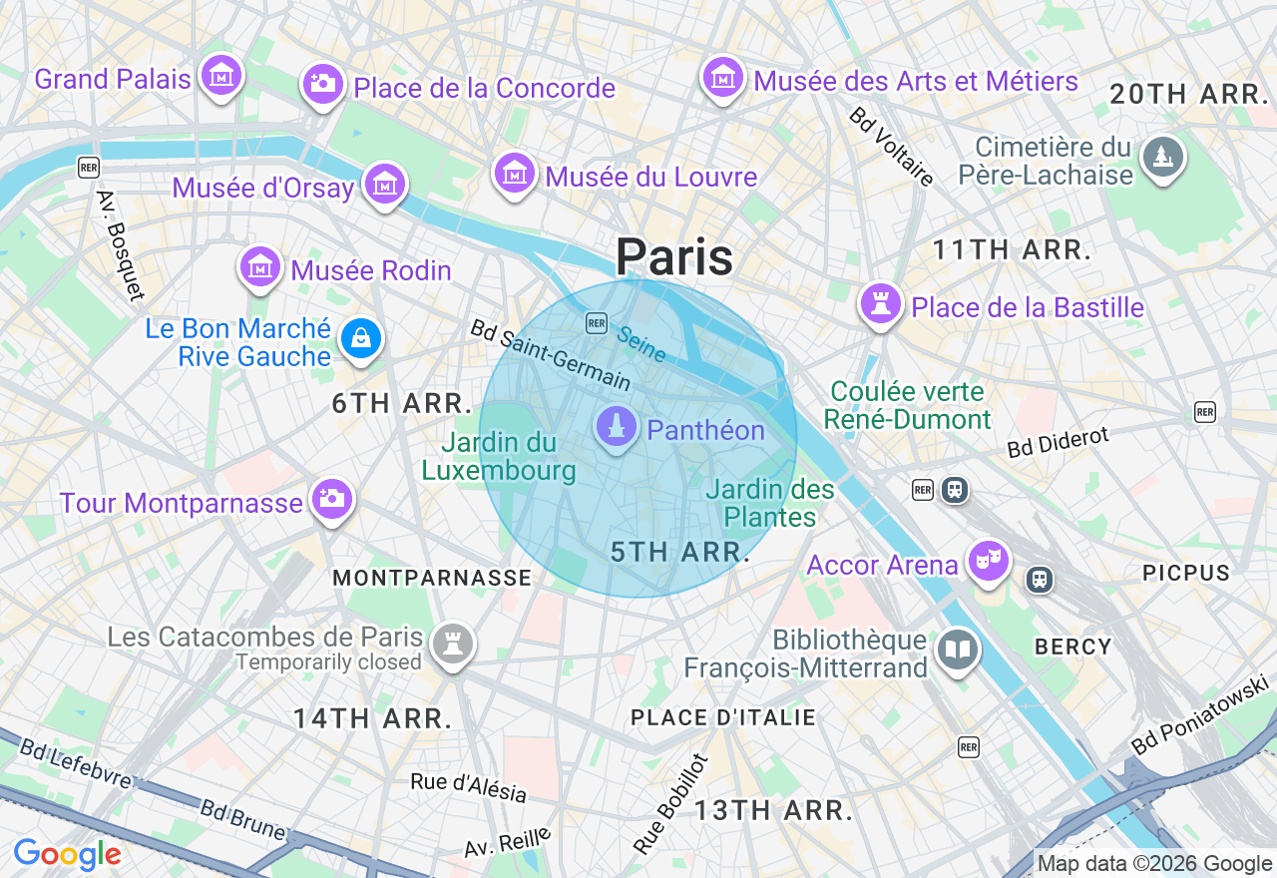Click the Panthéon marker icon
click(x=617, y=427)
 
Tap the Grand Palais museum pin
click(x=221, y=75)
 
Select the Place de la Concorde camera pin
click(x=322, y=84)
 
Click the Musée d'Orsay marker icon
click(x=384, y=184)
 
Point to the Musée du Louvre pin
click(x=515, y=174)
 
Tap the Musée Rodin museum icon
click(x=260, y=266)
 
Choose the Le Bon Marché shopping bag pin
click(x=360, y=339)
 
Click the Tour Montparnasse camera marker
click(x=331, y=499)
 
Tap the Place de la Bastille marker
click(x=881, y=303)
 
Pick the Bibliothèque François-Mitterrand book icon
click(x=957, y=650)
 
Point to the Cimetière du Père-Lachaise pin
click(x=1162, y=158)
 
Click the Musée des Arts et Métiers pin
click(x=723, y=77)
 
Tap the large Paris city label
click(x=674, y=257)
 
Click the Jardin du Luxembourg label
click(x=499, y=456)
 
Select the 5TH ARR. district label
click(x=680, y=552)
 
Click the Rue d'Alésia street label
click(x=468, y=786)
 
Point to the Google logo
click(x=67, y=854)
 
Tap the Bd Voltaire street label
click(x=892, y=147)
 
